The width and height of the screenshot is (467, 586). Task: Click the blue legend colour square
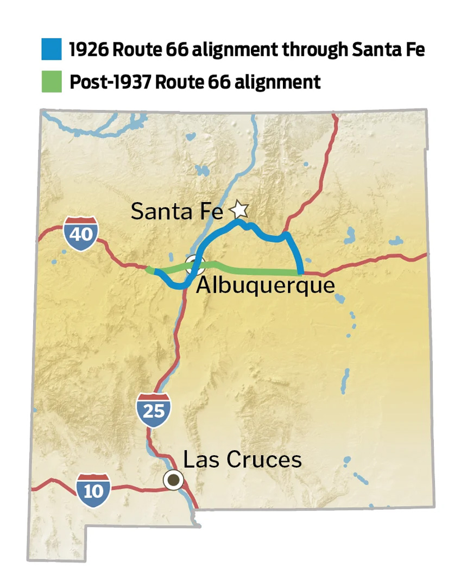pyautogui.click(x=52, y=49)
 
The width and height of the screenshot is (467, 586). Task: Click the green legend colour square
pyautogui.click(x=52, y=82)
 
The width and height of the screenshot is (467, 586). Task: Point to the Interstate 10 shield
pyautogui.click(x=93, y=490)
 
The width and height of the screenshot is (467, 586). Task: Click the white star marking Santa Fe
pyautogui.click(x=239, y=209)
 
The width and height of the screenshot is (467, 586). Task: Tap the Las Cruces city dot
pyautogui.click(x=174, y=480)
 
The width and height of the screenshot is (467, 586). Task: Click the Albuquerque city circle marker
pyautogui.click(x=194, y=265)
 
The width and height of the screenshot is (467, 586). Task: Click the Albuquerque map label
pyautogui.click(x=265, y=285)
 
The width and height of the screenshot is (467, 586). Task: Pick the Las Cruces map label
pyautogui.click(x=242, y=459)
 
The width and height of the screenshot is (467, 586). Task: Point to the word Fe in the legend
pyautogui.click(x=414, y=49)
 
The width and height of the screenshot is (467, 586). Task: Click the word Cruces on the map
pyautogui.click(x=267, y=459)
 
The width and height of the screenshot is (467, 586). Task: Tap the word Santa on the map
pyautogui.click(x=161, y=211)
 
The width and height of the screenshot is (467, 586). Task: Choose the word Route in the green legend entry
pyautogui.click(x=180, y=82)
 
